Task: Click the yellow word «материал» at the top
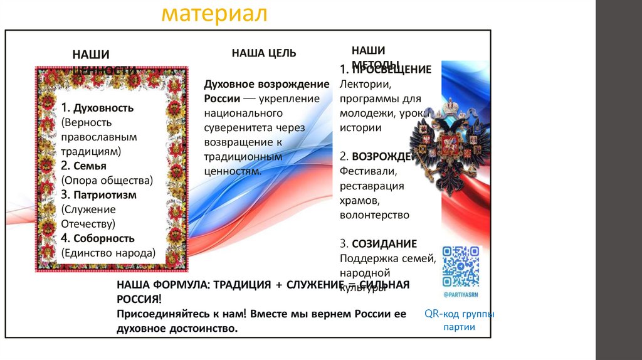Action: click(214, 13)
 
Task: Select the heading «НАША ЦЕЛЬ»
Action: click(263, 53)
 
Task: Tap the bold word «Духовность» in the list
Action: click(103, 108)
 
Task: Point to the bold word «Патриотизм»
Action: click(105, 195)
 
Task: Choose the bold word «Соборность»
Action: click(103, 238)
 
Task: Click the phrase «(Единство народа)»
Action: click(108, 253)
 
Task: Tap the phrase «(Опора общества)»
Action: click(107, 181)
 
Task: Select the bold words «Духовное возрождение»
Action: click(266, 84)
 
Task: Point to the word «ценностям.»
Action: click(231, 171)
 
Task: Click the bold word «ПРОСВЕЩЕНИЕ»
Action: click(391, 70)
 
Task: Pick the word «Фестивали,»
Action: click(368, 171)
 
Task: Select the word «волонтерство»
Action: click(374, 215)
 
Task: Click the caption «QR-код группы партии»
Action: click(459, 320)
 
